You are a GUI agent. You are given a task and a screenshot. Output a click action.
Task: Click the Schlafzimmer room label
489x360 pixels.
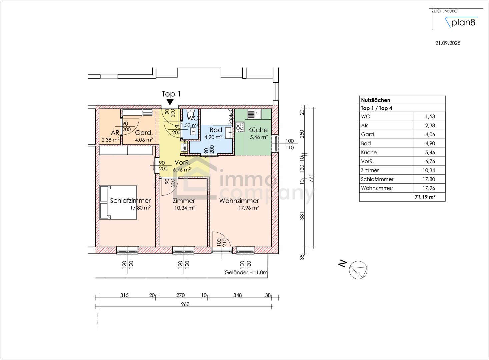[130, 201]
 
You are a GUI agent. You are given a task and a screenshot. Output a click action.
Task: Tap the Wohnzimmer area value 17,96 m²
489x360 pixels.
[248, 208]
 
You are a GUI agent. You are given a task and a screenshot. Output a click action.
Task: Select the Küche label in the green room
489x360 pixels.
[258, 130]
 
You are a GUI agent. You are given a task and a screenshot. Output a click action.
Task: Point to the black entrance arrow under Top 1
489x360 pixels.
[170, 102]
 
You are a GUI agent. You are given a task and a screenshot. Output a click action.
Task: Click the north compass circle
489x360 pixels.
[358, 270]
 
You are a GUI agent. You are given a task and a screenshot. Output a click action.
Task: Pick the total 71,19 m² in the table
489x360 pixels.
[425, 197]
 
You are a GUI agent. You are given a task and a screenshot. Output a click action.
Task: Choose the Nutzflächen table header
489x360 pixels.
[375, 100]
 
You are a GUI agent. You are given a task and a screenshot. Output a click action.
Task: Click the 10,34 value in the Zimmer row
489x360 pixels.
[429, 170]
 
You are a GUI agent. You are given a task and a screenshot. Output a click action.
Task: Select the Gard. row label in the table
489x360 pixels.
[368, 134]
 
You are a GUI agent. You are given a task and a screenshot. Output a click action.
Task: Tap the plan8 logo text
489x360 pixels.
[463, 23]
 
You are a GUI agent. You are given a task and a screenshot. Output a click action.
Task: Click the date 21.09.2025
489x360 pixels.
[448, 43]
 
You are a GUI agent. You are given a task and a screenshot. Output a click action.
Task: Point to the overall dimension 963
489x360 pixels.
[185, 304]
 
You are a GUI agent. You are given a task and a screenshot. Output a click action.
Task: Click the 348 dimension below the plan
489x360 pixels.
[237, 295]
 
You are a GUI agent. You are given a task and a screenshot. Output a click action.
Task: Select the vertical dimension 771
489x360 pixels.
[311, 178]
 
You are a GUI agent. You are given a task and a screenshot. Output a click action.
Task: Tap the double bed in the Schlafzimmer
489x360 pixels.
[119, 202]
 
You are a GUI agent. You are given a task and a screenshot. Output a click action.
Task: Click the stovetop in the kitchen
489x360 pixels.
[240, 127]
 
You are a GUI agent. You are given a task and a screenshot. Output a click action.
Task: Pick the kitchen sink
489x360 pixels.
[254, 114]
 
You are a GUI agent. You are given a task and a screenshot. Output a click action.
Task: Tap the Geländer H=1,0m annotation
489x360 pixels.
[246, 272]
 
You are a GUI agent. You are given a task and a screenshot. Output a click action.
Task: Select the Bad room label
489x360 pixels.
[216, 130]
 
